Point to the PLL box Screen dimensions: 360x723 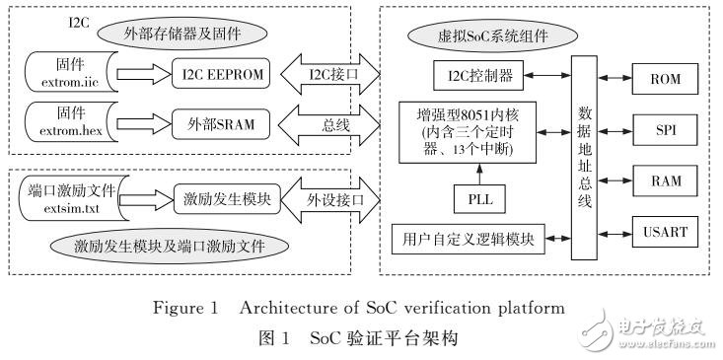coord(481,200)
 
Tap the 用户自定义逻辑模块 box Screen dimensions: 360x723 coord(468,239)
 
